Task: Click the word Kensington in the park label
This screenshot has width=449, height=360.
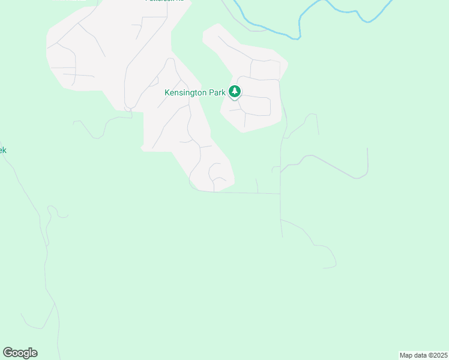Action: [x=187, y=92]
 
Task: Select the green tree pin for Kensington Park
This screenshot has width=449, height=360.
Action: [x=235, y=92]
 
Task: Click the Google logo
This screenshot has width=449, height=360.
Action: [x=20, y=353]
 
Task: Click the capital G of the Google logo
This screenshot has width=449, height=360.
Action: [x=8, y=353]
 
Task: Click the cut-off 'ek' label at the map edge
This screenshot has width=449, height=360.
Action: [x=2, y=150]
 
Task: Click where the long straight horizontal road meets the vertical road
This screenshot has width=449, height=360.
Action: [x=280, y=193]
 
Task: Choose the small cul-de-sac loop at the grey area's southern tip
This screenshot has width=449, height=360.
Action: [x=215, y=175]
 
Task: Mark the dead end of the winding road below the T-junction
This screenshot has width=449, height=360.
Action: [x=324, y=268]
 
